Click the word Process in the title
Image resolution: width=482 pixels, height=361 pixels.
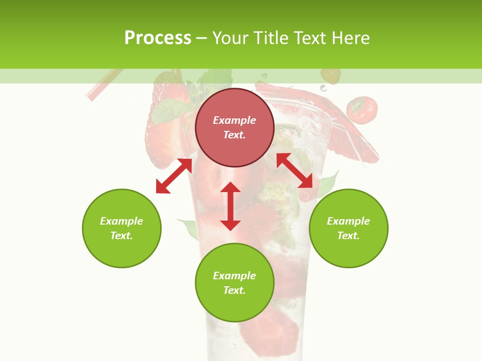158,38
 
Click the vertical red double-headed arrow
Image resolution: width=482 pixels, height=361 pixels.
230,206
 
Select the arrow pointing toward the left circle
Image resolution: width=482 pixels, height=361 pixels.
174,176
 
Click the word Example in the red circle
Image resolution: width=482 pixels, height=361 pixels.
234,120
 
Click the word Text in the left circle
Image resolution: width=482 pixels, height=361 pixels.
122,236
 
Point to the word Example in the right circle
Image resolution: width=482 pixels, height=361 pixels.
348,221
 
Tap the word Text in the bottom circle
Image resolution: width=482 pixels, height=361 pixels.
234,290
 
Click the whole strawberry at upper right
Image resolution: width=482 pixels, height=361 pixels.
362,110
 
